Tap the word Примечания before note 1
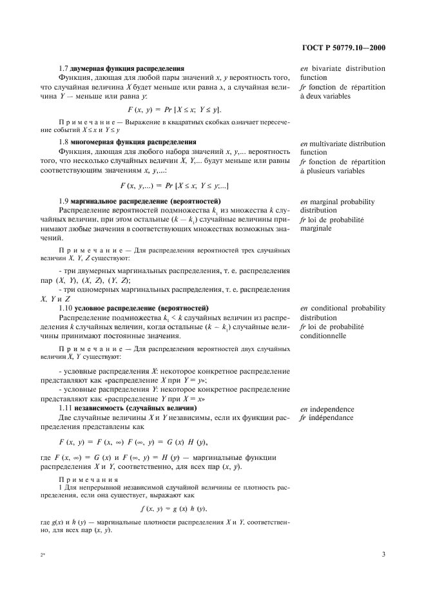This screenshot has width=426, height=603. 88,480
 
